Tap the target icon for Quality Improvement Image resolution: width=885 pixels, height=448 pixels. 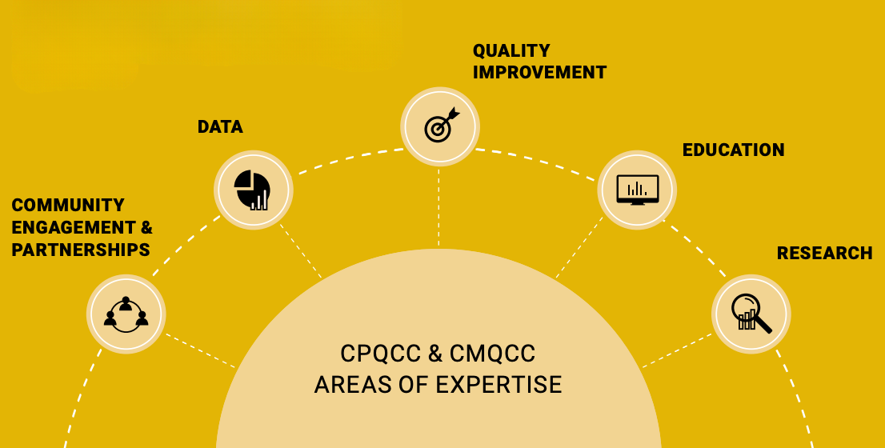[x=439, y=126]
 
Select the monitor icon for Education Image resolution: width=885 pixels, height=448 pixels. [x=637, y=190]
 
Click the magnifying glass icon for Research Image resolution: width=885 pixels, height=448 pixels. [x=751, y=314]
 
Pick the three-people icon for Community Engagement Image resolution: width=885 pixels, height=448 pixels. [x=126, y=314]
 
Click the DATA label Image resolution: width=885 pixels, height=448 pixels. [x=220, y=127]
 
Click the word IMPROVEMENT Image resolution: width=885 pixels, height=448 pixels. [x=539, y=72]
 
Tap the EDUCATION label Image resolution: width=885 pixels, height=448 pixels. [x=733, y=150]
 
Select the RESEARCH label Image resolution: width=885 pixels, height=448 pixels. [x=824, y=254]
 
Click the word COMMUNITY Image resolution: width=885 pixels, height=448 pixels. [x=68, y=206]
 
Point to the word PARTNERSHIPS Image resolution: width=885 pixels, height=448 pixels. [x=81, y=250]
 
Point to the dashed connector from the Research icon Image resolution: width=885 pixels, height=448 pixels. [x=677, y=350]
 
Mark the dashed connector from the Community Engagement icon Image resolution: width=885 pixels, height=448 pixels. [x=200, y=350]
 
